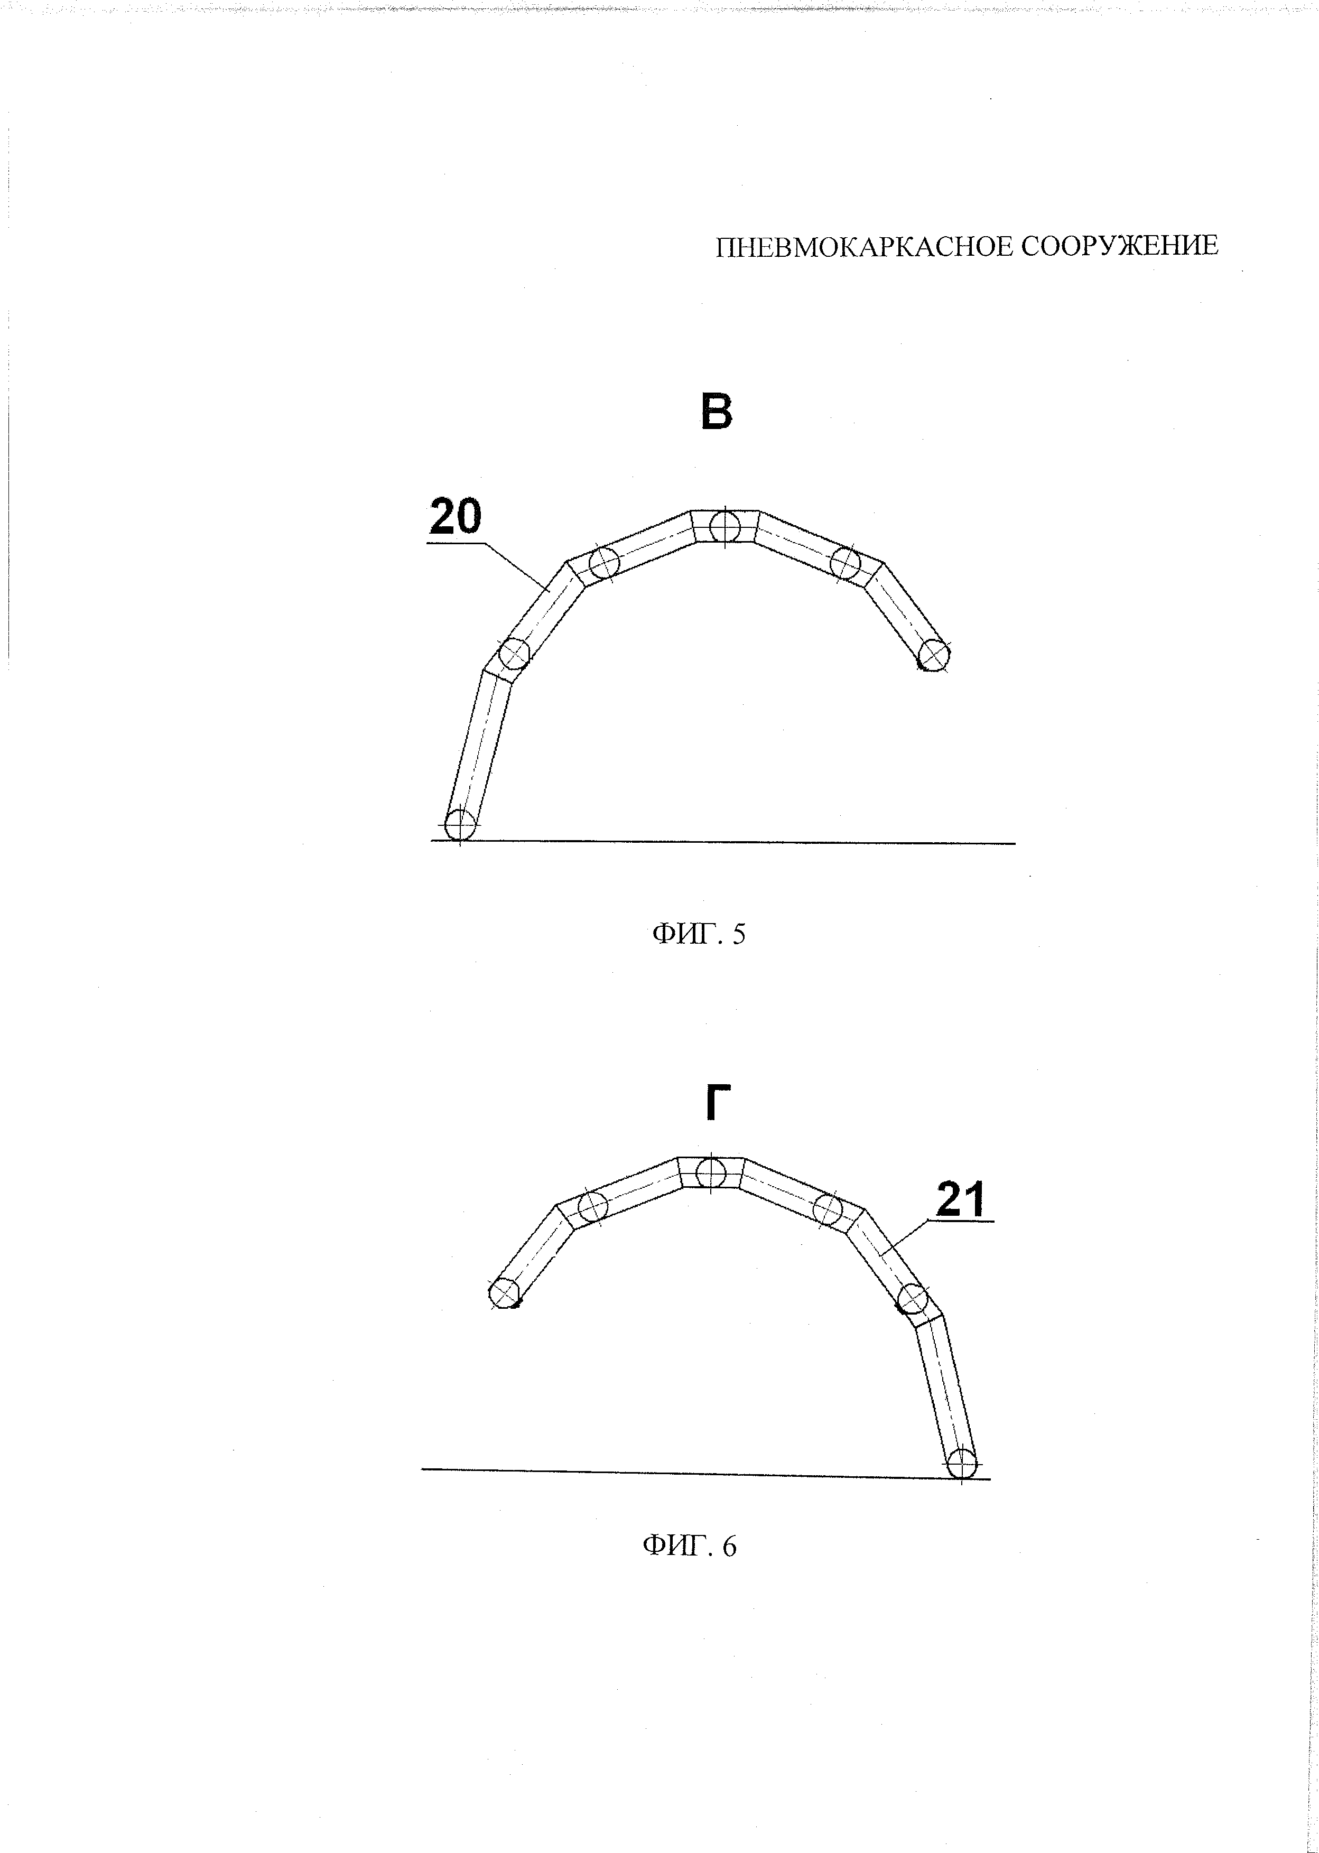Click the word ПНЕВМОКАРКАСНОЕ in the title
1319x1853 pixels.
click(x=863, y=246)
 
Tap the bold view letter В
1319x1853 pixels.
click(x=717, y=412)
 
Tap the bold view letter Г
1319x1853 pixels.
click(x=712, y=1104)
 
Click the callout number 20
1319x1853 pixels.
click(x=456, y=516)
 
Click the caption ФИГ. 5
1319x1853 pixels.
click(x=699, y=935)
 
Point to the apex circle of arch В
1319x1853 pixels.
click(x=724, y=527)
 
